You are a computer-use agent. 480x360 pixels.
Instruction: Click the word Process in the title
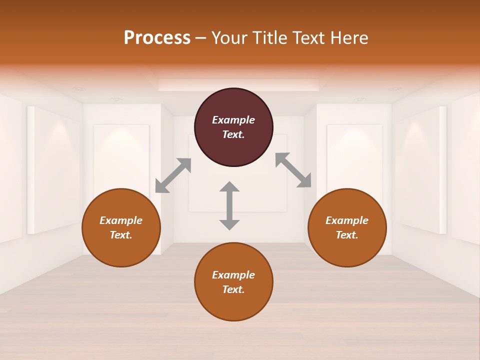pos(157,38)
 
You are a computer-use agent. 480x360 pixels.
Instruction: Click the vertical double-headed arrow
pos(229,205)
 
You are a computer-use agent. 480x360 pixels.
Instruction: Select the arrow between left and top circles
pos(173,175)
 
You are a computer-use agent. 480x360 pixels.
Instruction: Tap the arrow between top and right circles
pos(293,170)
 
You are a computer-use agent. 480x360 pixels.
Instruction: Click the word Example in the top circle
pos(233,120)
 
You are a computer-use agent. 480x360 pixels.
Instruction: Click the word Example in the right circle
pos(347,220)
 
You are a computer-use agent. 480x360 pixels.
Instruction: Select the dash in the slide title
pos(201,38)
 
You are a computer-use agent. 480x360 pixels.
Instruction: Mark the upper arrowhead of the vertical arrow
pos(229,187)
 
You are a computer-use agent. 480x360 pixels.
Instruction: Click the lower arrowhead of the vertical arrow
pos(229,224)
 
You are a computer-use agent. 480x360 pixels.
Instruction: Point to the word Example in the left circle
pos(121,220)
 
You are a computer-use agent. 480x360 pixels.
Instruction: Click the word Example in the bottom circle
pos(233,275)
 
